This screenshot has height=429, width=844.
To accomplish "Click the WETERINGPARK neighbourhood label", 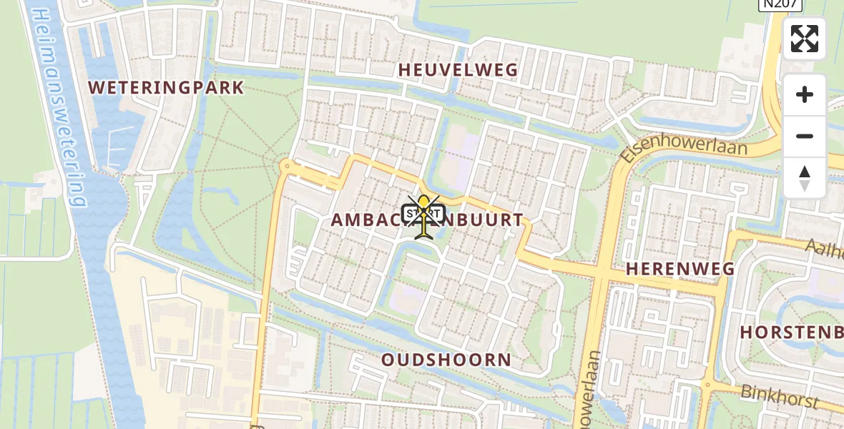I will click(x=166, y=88).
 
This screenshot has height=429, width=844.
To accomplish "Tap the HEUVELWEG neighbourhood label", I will click(x=458, y=70).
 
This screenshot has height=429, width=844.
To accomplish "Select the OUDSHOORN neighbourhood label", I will click(x=446, y=360).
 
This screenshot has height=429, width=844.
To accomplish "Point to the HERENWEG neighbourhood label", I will click(x=680, y=269).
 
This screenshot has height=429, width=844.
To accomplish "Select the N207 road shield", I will click(x=780, y=5).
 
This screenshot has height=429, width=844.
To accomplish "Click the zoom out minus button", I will click(x=805, y=137).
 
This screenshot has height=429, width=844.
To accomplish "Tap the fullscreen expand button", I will click(x=805, y=39).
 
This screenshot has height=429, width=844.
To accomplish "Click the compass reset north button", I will click(x=805, y=178).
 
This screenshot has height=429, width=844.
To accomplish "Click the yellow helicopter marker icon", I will click(x=425, y=215).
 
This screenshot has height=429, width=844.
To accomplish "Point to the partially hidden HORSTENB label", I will click(x=791, y=332).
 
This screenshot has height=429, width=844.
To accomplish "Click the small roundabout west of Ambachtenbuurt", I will click(x=287, y=167).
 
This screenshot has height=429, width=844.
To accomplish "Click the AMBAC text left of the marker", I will click(x=365, y=220).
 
